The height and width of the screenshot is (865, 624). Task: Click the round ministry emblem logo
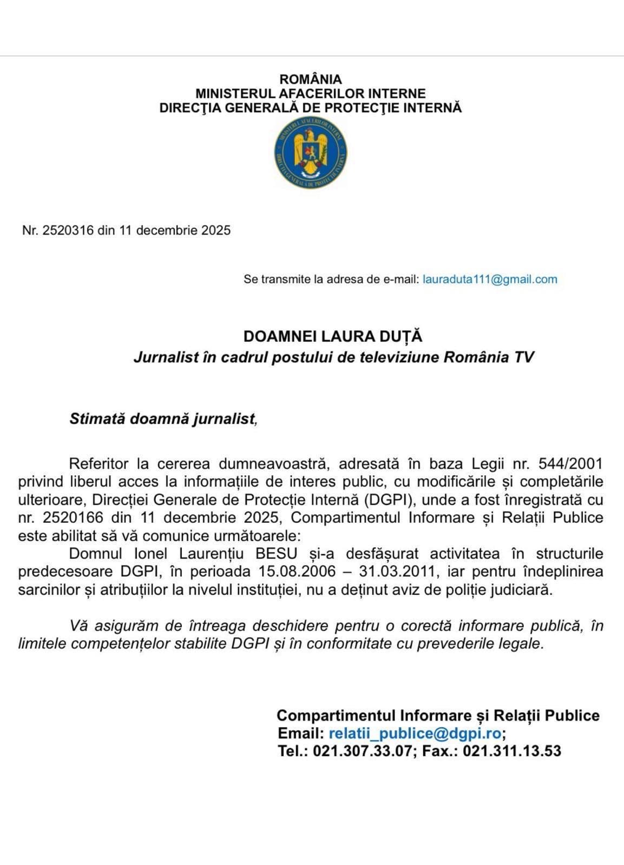pyautogui.click(x=311, y=152)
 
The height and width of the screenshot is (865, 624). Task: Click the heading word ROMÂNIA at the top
pyautogui.click(x=311, y=79)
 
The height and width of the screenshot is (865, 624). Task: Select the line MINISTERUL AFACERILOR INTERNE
pyautogui.click(x=311, y=94)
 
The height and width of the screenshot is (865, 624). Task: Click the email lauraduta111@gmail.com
pyautogui.click(x=490, y=280)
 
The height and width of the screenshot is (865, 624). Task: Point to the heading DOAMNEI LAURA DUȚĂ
pyautogui.click(x=332, y=336)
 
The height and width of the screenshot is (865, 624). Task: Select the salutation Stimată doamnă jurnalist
pyautogui.click(x=162, y=419)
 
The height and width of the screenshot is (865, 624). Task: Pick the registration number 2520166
pyautogui.click(x=70, y=517)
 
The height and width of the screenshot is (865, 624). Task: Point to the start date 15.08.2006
pyautogui.click(x=297, y=571)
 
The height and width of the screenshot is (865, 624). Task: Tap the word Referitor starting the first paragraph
pyautogui.click(x=99, y=464)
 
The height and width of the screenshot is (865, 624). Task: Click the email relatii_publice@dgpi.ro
pyautogui.click(x=415, y=733)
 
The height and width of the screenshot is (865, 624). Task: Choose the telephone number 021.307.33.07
pyautogui.click(x=362, y=751)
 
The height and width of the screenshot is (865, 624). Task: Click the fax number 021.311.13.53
pyautogui.click(x=512, y=751)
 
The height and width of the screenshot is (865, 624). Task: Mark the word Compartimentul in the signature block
pyautogui.click(x=336, y=715)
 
